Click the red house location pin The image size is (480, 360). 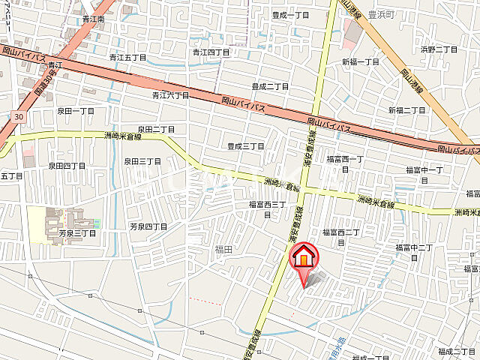[303, 257]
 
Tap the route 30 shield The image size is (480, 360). [17, 116]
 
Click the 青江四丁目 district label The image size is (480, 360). [210, 52]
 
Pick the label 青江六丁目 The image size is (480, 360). [170, 95]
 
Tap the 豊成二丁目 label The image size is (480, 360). [270, 86]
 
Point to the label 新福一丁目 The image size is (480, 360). [361, 61]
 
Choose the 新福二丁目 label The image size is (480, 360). [407, 110]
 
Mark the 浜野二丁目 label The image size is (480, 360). [439, 49]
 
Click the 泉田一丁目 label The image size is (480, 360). [76, 110]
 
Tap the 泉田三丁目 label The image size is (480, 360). [142, 160]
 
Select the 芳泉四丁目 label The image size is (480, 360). [148, 226]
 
